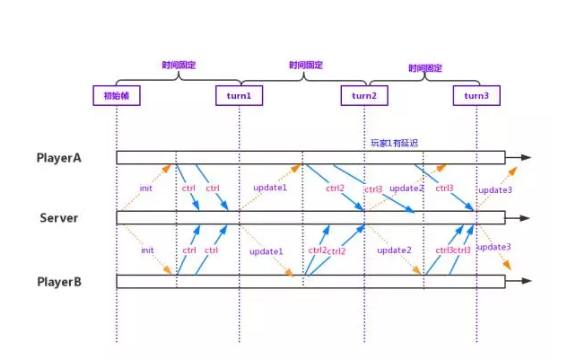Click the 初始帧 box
coord(117,96)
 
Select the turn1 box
coord(240,96)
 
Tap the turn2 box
coord(364,96)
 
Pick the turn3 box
coord(476,96)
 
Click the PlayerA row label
coord(60,157)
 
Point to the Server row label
coord(58,217)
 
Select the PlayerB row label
coord(60,281)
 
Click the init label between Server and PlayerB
coord(146,250)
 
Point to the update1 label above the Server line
coord(270,188)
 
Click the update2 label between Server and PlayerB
coord(394,250)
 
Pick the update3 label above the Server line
coord(494,190)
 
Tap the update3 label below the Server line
coord(494,246)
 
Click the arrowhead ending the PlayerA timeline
coord(526,157)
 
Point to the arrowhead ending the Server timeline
coord(526,217)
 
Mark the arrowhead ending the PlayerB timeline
coord(526,281)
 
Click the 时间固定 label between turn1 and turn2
coord(306,65)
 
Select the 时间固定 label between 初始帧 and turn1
coord(179,65)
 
